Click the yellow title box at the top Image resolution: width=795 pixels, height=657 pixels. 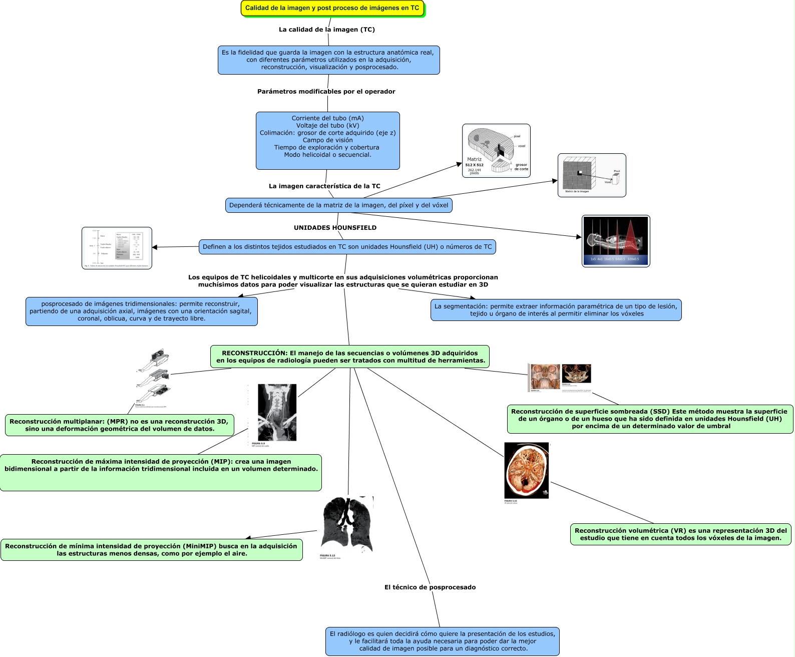(x=332, y=8)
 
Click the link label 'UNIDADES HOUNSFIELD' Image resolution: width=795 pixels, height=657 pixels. (x=335, y=227)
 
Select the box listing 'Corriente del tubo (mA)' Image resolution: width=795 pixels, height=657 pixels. (x=327, y=140)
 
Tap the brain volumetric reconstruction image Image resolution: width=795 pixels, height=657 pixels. (x=527, y=471)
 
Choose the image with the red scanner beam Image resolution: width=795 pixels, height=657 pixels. (x=616, y=241)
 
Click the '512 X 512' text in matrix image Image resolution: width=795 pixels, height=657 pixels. (x=474, y=165)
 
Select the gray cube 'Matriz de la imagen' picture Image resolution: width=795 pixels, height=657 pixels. (x=592, y=175)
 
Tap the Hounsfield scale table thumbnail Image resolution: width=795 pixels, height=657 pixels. (x=117, y=248)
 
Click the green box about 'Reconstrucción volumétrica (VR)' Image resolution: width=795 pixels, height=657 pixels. (x=680, y=534)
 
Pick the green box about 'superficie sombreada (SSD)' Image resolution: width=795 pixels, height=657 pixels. (x=650, y=419)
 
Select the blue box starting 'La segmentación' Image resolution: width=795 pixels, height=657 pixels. (x=556, y=310)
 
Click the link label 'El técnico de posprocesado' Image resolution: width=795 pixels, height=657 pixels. (x=430, y=587)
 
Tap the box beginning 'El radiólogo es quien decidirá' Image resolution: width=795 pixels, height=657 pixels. (x=442, y=641)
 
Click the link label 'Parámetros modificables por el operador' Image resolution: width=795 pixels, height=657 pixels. (x=326, y=91)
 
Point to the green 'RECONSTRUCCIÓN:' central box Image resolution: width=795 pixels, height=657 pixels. (x=350, y=357)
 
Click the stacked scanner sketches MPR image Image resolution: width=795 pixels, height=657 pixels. (x=153, y=378)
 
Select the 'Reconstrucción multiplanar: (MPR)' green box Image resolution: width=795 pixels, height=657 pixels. (x=119, y=425)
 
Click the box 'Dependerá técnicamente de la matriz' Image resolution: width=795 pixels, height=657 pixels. (x=338, y=205)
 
